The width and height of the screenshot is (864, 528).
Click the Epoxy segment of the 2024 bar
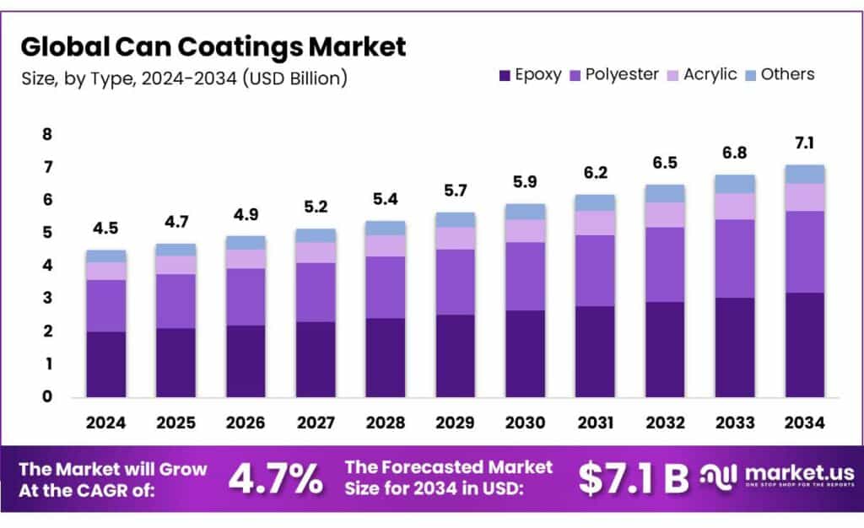tap(106, 364)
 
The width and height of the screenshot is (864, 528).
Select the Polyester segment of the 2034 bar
tap(804, 251)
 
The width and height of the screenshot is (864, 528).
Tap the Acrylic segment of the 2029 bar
tap(455, 238)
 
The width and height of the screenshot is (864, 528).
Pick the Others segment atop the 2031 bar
tap(595, 202)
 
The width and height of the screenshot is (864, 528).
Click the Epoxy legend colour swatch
tap(505, 75)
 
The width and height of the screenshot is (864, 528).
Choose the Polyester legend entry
tap(615, 74)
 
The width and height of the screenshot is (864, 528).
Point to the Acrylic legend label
tap(710, 74)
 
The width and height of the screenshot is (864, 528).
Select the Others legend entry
tap(787, 74)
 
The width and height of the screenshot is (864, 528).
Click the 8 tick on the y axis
tap(47, 134)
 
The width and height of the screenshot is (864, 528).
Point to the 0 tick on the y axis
tap(47, 396)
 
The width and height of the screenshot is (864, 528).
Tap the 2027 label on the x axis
tap(316, 422)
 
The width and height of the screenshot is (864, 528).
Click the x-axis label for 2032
tap(665, 422)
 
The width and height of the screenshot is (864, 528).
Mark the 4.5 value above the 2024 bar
tap(106, 229)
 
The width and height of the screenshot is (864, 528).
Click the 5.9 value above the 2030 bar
tap(525, 182)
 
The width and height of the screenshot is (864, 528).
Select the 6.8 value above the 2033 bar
tap(734, 154)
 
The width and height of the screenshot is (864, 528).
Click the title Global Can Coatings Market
tap(213, 46)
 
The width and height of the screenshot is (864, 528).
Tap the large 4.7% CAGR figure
tap(275, 478)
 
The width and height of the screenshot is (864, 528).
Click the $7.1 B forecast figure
tap(633, 478)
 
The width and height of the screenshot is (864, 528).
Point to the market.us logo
tap(776, 477)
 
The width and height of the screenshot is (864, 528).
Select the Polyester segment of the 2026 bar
tap(246, 296)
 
